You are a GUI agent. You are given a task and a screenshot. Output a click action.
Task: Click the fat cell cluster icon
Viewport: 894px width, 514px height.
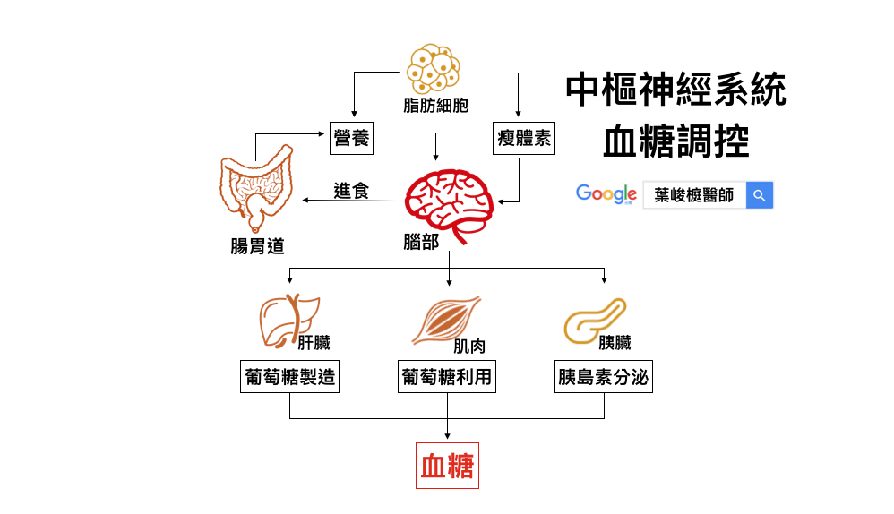(434, 68)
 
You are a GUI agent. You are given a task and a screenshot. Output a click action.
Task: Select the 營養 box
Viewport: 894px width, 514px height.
(351, 139)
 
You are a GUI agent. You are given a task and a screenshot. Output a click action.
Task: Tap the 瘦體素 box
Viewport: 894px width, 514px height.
(524, 139)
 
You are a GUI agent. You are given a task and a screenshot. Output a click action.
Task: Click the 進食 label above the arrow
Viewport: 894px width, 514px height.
(351, 190)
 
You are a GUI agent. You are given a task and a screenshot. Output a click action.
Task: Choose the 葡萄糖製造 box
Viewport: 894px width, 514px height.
(290, 377)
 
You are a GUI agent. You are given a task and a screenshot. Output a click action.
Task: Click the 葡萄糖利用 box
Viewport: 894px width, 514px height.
(447, 377)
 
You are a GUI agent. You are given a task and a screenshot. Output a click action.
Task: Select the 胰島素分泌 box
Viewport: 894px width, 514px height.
(603, 377)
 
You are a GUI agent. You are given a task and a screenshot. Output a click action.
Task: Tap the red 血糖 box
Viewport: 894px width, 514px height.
(447, 466)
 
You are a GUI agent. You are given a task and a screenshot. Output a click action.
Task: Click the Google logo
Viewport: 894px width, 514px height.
(606, 194)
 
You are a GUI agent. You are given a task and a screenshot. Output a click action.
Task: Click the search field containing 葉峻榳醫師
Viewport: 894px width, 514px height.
(694, 195)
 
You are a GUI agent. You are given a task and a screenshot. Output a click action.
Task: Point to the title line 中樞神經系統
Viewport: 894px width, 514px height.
(676, 90)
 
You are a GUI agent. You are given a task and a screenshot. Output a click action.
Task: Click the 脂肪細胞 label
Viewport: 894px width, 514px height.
(435, 106)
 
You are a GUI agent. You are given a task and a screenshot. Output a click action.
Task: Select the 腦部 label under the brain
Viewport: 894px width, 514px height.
(421, 242)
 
